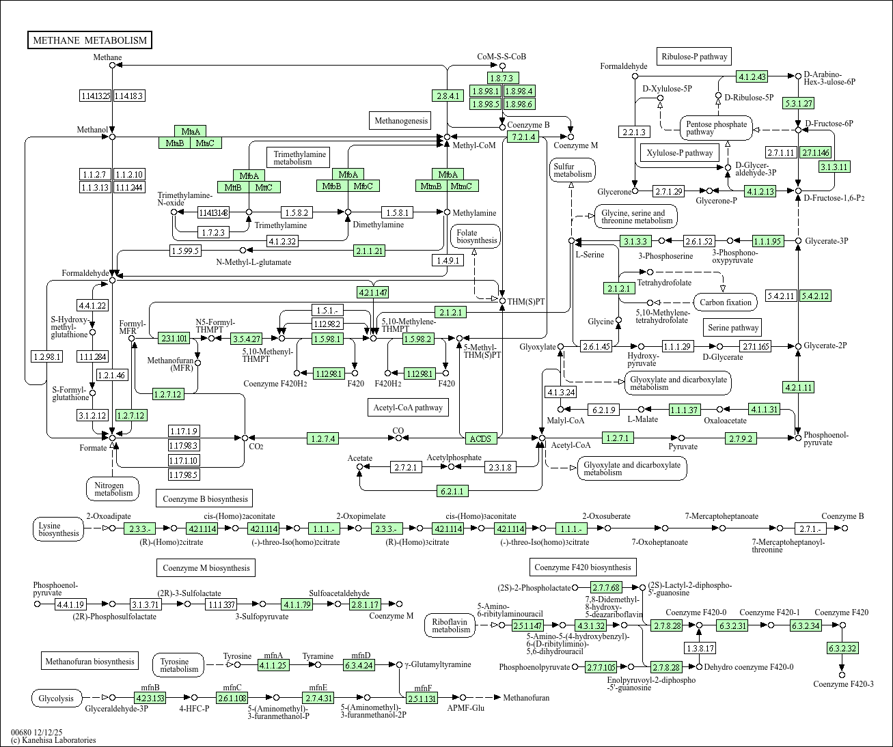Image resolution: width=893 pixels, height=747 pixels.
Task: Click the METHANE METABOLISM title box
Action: [x=90, y=40]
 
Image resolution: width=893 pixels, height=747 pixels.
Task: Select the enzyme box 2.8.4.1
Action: [x=448, y=96]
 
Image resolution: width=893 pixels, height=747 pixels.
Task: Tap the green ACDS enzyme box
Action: [x=481, y=438]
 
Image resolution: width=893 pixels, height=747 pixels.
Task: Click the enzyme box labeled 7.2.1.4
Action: [x=523, y=137]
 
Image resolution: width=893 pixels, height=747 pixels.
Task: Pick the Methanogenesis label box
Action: [x=401, y=120]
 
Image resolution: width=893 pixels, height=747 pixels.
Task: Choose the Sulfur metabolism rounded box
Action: [x=573, y=170]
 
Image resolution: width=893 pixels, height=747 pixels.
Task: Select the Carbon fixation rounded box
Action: [x=726, y=302]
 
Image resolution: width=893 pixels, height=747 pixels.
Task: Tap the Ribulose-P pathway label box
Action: [x=694, y=57]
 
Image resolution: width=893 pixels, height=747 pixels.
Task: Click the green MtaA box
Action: [x=191, y=131]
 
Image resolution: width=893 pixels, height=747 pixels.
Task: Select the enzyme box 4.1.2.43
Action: [x=752, y=76]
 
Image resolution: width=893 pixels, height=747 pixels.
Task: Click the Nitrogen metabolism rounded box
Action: [x=113, y=489]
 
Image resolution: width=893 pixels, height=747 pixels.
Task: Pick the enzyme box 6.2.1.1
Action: [x=452, y=491]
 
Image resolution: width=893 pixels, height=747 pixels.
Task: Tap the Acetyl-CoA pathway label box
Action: [x=408, y=407]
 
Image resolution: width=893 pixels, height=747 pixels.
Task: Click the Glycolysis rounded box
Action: [x=57, y=699]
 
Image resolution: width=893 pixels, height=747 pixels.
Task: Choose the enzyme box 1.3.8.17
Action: [x=700, y=648]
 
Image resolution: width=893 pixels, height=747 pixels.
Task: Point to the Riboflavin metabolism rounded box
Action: [x=450, y=625]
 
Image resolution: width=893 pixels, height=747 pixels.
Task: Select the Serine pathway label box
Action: [x=733, y=328]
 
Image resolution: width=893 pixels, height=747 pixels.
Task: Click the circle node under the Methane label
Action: [x=113, y=66]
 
